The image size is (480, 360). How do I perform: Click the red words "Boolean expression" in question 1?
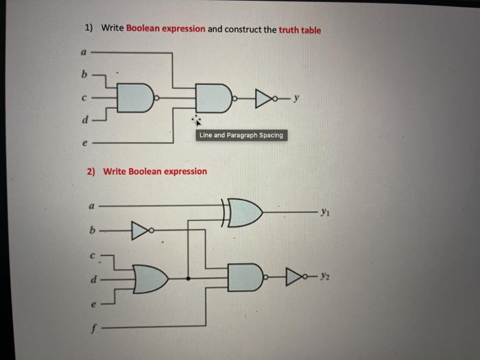tap(165, 29)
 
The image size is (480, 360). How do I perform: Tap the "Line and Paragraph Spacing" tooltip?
tap(240, 135)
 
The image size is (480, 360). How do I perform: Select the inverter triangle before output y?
tap(263, 99)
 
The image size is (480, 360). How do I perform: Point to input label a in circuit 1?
tap(84, 52)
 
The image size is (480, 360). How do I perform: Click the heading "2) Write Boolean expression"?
tap(147, 171)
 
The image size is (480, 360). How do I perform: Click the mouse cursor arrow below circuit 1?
tap(197, 121)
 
